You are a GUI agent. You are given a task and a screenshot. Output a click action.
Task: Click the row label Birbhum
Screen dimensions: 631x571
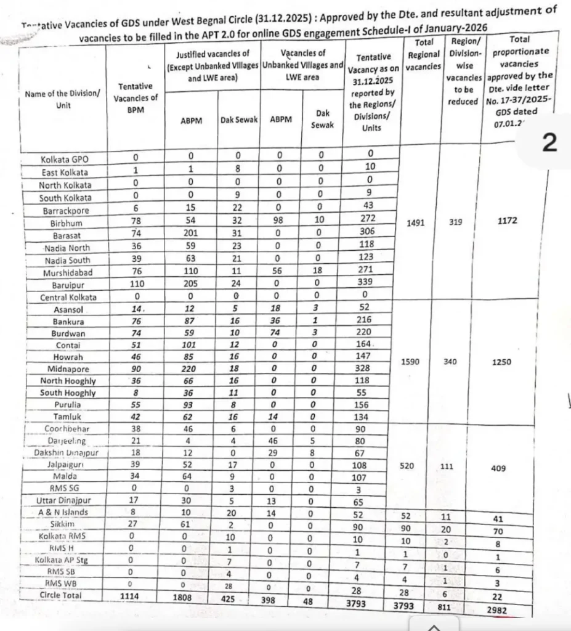click(x=65, y=223)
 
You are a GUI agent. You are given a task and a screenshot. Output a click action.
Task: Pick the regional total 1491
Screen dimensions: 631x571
click(x=419, y=224)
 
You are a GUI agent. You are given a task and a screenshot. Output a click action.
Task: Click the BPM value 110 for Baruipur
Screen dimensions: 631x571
click(x=136, y=285)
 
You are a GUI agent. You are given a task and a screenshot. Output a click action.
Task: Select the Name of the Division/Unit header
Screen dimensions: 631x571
click(x=62, y=99)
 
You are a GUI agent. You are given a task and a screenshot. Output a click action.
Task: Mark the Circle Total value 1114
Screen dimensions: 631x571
click(x=136, y=596)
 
